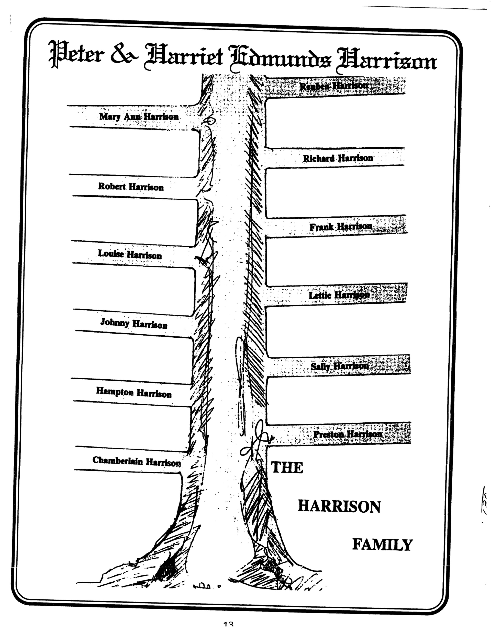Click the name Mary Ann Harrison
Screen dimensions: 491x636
[x=139, y=116]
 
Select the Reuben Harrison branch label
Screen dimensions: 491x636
[x=333, y=86]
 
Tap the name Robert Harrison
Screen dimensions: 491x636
[x=131, y=186]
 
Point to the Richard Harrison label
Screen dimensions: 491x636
[x=338, y=158]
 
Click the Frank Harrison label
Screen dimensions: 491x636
[x=341, y=226]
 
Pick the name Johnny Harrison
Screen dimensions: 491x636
[x=134, y=323]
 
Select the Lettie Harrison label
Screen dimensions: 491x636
[x=339, y=295]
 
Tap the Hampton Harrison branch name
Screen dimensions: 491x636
[x=134, y=392]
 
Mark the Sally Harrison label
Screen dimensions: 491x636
[x=339, y=366]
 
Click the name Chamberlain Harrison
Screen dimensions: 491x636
[x=137, y=461]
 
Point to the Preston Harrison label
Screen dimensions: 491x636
[x=348, y=434]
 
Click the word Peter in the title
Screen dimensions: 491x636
[x=76, y=54]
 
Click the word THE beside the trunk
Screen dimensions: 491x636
[x=287, y=468]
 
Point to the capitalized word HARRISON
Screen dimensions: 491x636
[x=339, y=507]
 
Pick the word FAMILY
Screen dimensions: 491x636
[x=383, y=545]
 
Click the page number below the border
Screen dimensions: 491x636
[x=229, y=632]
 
